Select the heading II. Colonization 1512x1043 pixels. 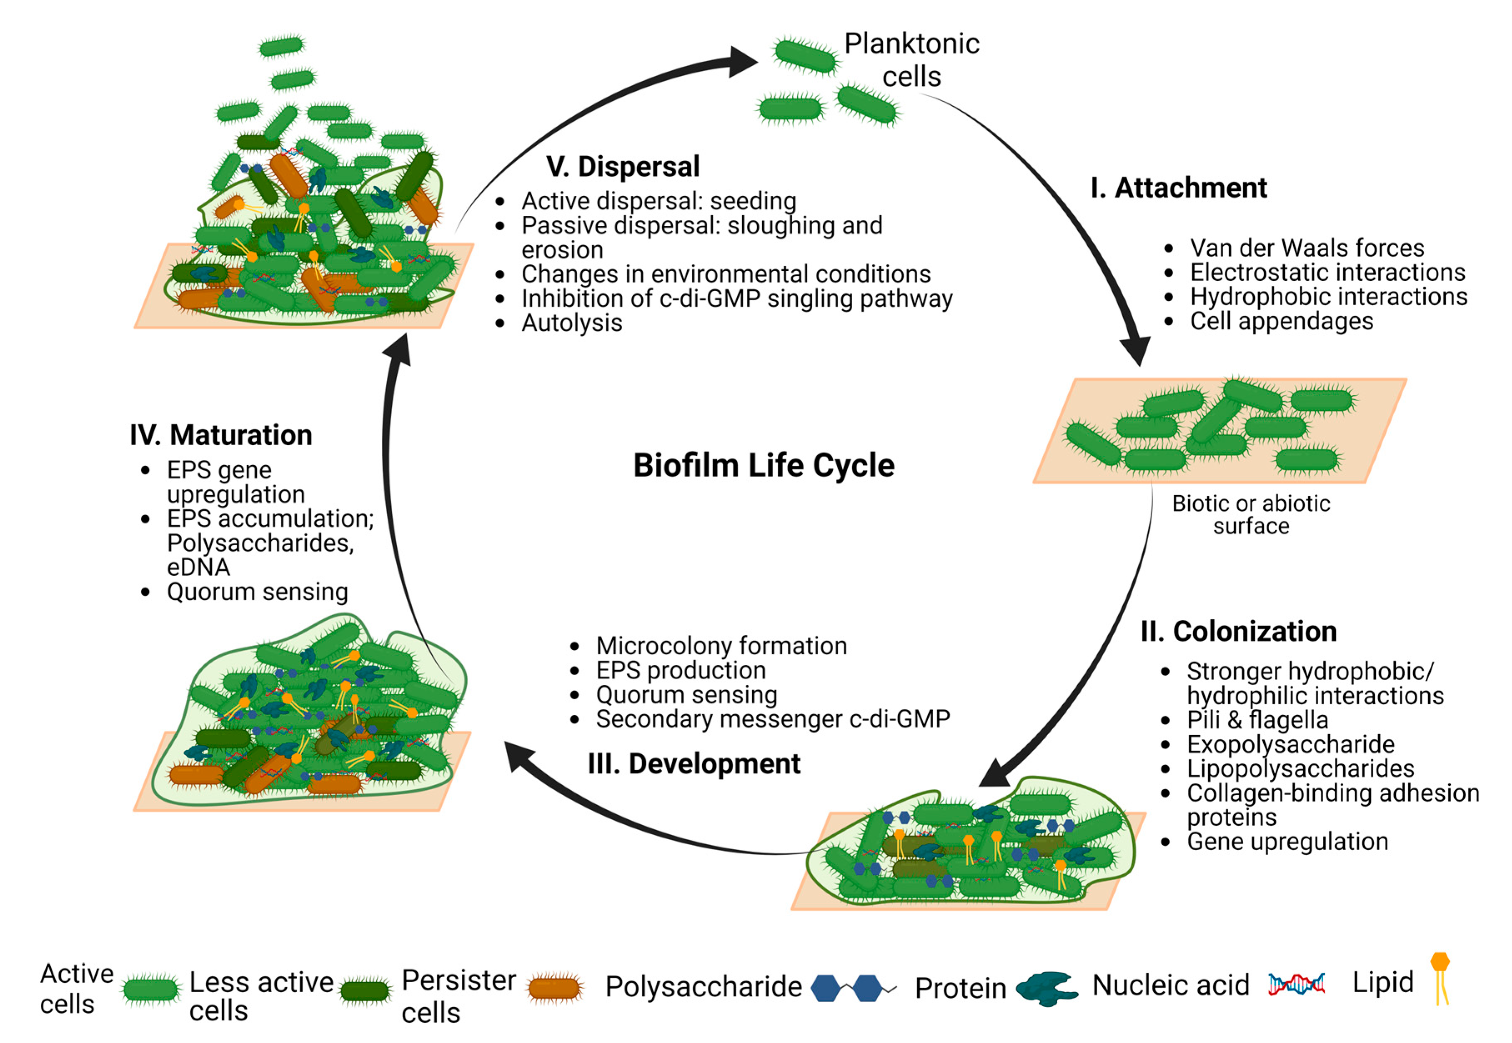click(1238, 631)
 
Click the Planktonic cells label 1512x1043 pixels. click(911, 60)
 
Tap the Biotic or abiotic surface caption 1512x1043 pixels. click(1251, 514)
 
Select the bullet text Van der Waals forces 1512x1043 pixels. click(1306, 248)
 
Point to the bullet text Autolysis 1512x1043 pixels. click(571, 323)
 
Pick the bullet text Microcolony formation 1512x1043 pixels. click(721, 646)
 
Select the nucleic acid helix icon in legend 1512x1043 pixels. click(1296, 983)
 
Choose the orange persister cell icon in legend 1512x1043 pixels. click(555, 988)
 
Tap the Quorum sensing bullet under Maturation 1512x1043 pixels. click(257, 592)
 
